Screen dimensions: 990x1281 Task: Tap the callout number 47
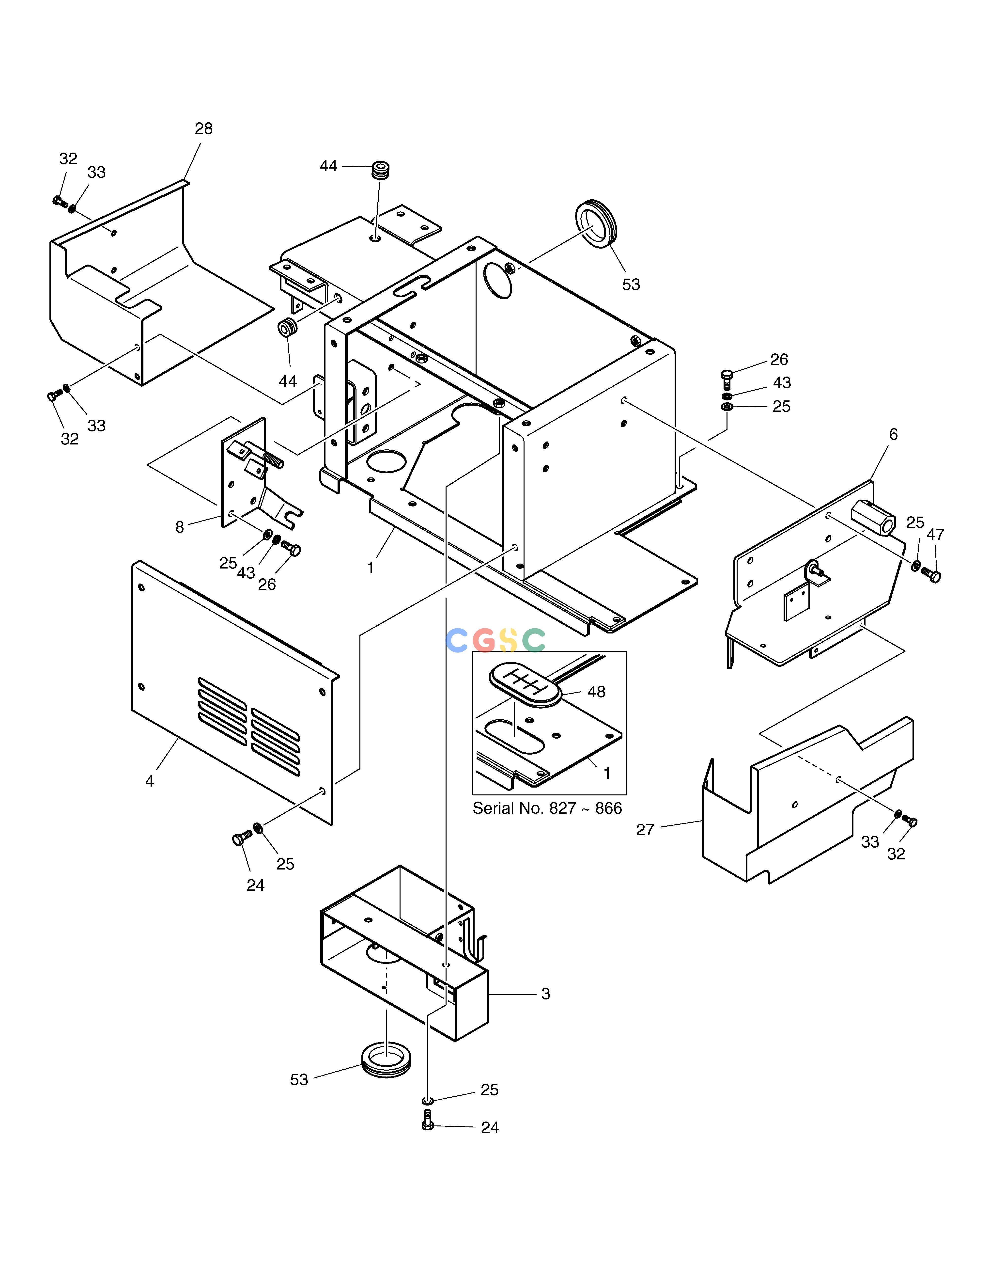click(935, 534)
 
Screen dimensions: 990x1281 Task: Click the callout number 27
click(645, 830)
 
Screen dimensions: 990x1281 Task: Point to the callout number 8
click(179, 527)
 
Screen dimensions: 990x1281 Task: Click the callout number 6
click(893, 435)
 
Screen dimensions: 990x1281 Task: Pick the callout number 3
click(545, 994)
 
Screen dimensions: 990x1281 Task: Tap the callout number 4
click(150, 781)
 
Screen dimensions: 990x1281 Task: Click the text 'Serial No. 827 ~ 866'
click(547, 808)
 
